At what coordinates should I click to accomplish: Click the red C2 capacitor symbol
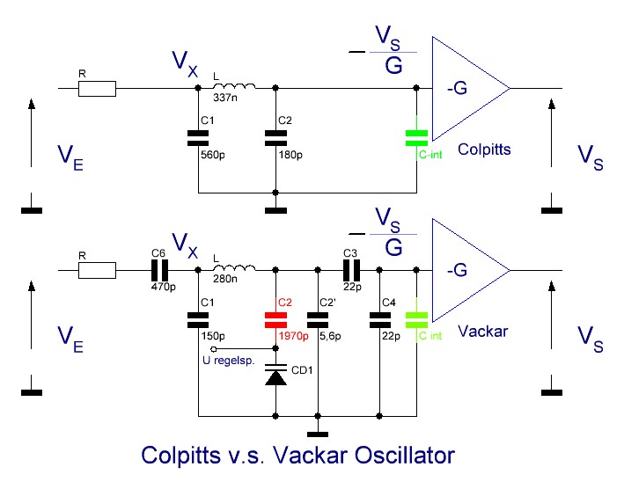coord(275,320)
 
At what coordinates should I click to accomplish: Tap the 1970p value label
coord(294,336)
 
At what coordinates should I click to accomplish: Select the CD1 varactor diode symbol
coord(275,375)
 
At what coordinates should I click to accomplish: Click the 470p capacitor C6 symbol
coord(160,270)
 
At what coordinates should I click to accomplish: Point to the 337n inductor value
coord(225,98)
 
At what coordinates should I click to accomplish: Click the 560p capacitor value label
coord(213,155)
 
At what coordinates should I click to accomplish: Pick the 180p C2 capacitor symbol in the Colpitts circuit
coord(275,138)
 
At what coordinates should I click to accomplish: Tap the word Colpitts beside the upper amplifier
coord(484,150)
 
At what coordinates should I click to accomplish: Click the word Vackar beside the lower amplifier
coord(483,332)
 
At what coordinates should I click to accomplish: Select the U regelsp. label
coord(229,361)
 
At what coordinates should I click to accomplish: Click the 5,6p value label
coord(330,336)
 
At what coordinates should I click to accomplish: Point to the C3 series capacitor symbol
coord(352,270)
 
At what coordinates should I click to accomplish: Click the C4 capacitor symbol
coord(380,320)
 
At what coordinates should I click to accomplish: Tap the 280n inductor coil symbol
coord(234,267)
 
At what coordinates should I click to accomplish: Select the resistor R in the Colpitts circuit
coord(97,89)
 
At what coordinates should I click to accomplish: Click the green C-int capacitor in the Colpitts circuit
coord(416,138)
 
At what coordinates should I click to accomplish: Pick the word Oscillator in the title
coord(405,456)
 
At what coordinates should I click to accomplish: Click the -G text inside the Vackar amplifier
coord(457,270)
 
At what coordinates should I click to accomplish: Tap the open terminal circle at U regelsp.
coord(214,349)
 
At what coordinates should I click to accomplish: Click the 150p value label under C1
coord(213,336)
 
